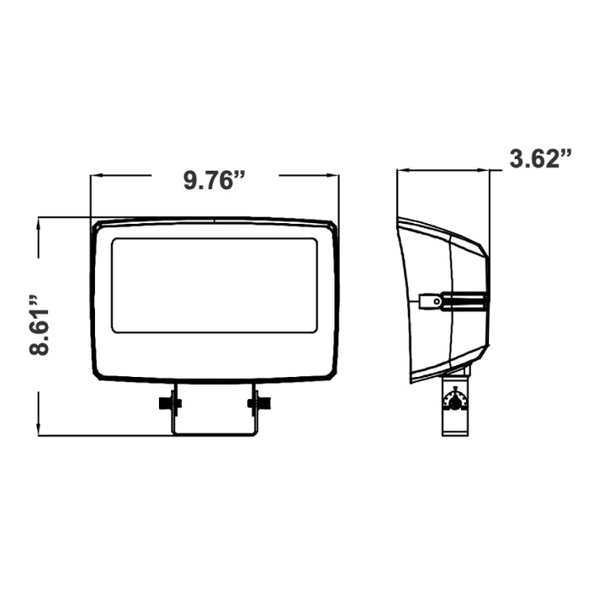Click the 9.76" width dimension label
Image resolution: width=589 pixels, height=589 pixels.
214,180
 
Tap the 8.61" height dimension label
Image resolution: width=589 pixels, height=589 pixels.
39,326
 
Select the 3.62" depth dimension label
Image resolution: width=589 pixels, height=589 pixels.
540,158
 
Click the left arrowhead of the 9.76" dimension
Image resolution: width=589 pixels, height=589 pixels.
97,175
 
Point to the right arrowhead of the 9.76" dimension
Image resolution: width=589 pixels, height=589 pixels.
333,175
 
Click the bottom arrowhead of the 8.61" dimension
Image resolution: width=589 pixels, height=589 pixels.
39,429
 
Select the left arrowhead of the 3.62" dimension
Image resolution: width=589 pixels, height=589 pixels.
403,171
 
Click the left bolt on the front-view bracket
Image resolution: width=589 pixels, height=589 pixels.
170,403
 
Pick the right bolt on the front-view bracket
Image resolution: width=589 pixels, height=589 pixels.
259,403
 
